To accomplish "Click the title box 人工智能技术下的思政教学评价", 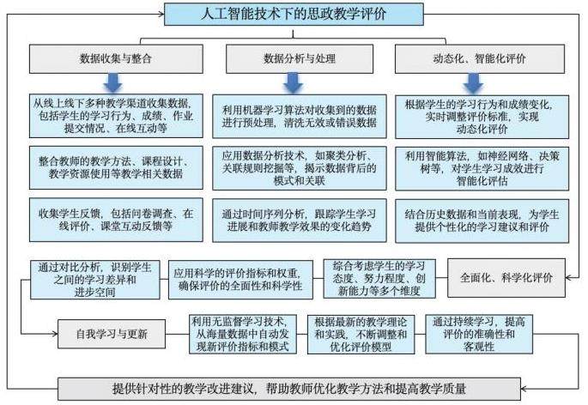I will (x=294, y=14).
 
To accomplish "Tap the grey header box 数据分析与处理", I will (x=294, y=58).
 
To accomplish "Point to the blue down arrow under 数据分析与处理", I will (x=294, y=82).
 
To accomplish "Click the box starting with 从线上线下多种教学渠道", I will (x=118, y=116).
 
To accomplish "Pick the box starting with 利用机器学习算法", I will (x=294, y=116).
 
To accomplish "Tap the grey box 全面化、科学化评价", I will (x=506, y=278).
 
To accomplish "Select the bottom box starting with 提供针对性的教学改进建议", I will (x=294, y=388).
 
